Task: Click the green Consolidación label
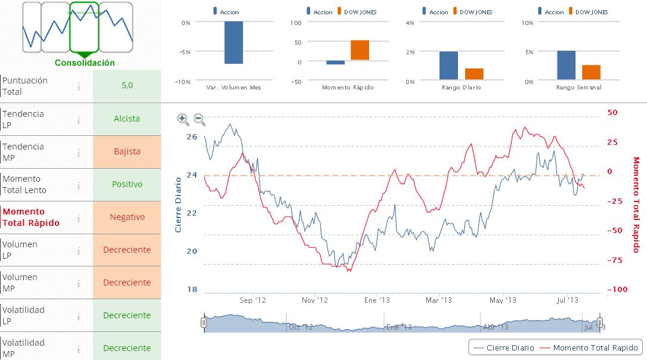point(85,63)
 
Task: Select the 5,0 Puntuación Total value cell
point(127,85)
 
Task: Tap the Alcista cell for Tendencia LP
point(127,119)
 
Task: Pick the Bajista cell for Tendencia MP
point(127,151)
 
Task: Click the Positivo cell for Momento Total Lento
point(127,184)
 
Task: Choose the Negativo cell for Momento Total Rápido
point(127,217)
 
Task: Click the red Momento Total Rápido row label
point(31,217)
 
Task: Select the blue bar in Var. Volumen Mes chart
point(233,42)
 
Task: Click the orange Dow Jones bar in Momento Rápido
point(360,50)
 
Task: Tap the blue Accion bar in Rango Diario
point(448,66)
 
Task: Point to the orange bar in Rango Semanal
point(591,72)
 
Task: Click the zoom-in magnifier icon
point(183,119)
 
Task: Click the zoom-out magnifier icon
point(200,119)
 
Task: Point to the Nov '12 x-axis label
point(315,300)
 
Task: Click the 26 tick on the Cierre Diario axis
point(191,136)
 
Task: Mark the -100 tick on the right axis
point(617,289)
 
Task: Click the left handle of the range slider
point(204,322)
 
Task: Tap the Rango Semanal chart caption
point(578,88)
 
